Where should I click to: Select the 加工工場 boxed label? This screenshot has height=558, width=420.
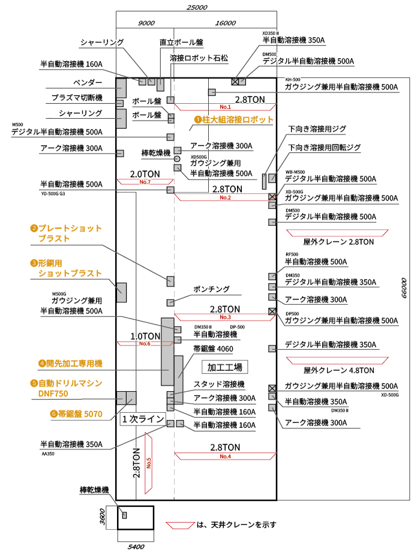(x=225, y=367)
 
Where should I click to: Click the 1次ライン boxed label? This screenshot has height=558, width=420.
(x=143, y=419)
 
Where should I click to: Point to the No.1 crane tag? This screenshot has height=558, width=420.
(x=225, y=107)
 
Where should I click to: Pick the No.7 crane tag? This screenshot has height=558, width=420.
(x=144, y=182)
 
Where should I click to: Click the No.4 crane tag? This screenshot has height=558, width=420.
(x=225, y=457)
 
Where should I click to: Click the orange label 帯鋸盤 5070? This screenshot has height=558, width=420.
(x=73, y=413)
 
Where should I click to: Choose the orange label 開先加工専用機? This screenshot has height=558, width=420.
(x=70, y=364)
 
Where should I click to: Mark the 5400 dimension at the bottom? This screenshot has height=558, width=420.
(x=136, y=547)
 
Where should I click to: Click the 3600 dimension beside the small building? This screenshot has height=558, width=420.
(x=102, y=516)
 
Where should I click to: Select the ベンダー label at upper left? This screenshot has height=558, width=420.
(x=88, y=82)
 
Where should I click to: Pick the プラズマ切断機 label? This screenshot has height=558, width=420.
(x=77, y=98)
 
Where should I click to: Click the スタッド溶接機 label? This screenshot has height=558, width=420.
(x=218, y=384)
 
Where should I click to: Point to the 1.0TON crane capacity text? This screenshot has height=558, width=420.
(x=146, y=336)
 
